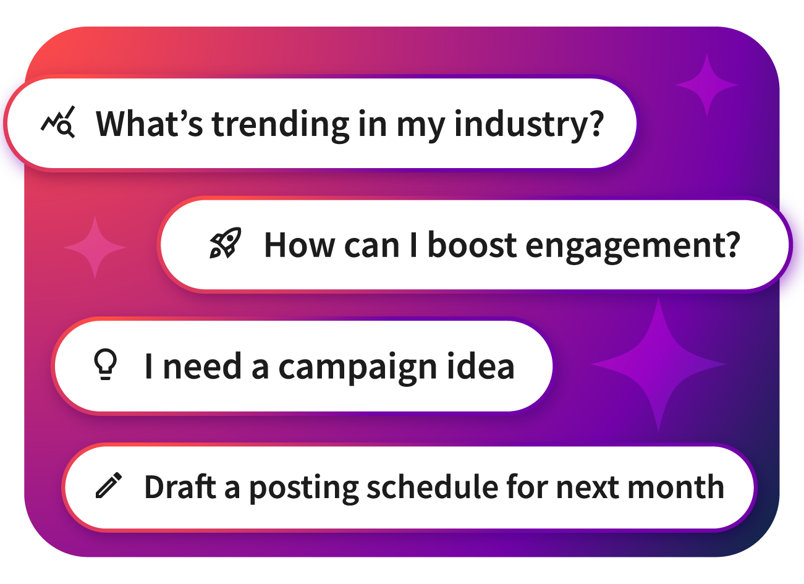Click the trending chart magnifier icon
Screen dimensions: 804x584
pos(58,122)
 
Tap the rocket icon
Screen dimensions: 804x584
pos(226,243)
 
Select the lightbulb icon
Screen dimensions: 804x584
pos(105,364)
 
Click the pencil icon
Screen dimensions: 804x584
pos(109,485)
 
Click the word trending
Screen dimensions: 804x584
pos(281,125)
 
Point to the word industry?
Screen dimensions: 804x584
pos(529,125)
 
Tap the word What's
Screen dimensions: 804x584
pos(150,124)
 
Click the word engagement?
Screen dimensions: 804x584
pos(633,247)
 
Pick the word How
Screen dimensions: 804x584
pos(299,245)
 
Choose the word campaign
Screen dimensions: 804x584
pos(357,368)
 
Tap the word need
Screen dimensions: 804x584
pos(202,365)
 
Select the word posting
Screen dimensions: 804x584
pos(303,489)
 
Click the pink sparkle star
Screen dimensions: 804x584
pos(95,247)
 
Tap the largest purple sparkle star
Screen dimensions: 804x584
pos(658,364)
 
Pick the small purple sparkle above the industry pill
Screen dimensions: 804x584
pos(707,85)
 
